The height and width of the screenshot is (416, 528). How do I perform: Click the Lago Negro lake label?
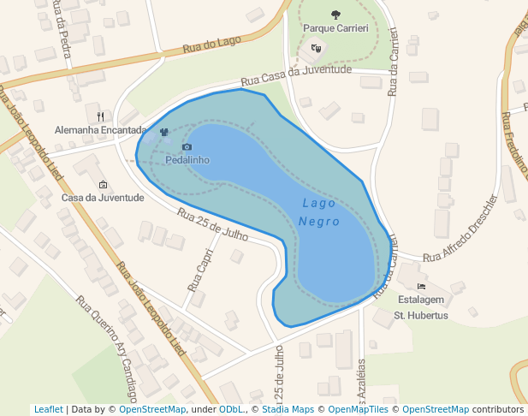tap(320, 212)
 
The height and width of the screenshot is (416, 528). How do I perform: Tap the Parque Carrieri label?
tap(335, 28)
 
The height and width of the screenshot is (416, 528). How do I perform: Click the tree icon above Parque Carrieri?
tap(335, 14)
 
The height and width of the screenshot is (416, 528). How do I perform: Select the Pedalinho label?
tap(187, 160)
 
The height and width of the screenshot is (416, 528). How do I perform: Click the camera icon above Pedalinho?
tap(187, 147)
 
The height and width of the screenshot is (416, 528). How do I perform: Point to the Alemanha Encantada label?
tap(100, 130)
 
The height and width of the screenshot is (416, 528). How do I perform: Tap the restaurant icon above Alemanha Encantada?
tap(100, 116)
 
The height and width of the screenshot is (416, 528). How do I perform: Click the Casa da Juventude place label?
tap(103, 198)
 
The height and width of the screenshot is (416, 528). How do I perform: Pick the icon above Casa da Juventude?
tap(104, 184)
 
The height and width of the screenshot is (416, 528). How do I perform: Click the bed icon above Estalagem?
tap(420, 286)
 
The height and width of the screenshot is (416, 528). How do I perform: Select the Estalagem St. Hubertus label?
tap(420, 307)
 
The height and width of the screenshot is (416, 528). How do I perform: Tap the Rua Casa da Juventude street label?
tap(296, 76)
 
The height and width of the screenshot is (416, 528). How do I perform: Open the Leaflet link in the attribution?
tap(48, 409)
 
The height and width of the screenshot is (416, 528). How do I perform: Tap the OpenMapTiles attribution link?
tap(355, 409)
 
